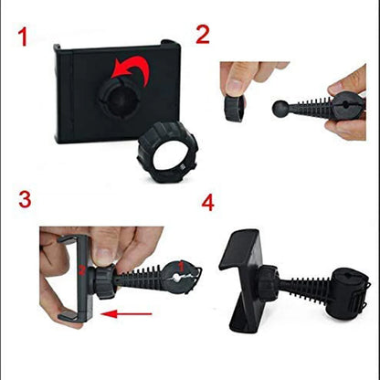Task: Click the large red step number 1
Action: (x=23, y=37)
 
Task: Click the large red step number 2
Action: (x=203, y=34)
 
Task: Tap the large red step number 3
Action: (x=25, y=199)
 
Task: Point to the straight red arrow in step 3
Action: (x=126, y=314)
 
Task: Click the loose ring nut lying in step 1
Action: (x=168, y=152)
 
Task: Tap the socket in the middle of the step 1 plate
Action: (x=120, y=98)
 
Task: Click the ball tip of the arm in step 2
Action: (x=280, y=108)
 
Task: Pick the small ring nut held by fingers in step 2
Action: (x=234, y=108)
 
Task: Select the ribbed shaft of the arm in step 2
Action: (x=311, y=107)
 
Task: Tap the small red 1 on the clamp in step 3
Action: (x=182, y=267)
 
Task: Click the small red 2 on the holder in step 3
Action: (x=81, y=270)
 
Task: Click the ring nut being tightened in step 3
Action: (x=103, y=281)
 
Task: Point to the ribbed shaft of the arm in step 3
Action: (x=140, y=279)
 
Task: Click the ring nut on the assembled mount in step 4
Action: (x=269, y=283)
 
